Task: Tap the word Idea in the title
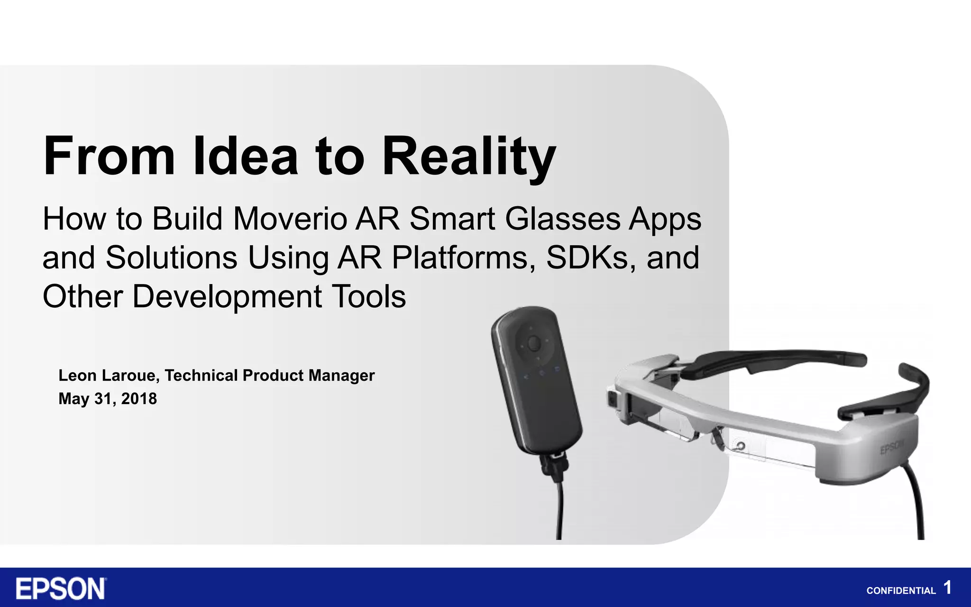(x=245, y=156)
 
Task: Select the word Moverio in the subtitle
(x=290, y=219)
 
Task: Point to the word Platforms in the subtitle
(x=460, y=258)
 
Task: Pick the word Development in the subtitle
(x=227, y=297)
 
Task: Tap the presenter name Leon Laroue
(x=108, y=376)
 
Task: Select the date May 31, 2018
(x=108, y=399)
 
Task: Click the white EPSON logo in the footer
(x=61, y=589)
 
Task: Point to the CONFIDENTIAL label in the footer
(x=901, y=591)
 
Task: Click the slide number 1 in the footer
(x=947, y=588)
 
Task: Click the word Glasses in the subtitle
(x=563, y=219)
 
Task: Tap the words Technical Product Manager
(x=269, y=376)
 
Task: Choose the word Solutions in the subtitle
(x=171, y=258)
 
